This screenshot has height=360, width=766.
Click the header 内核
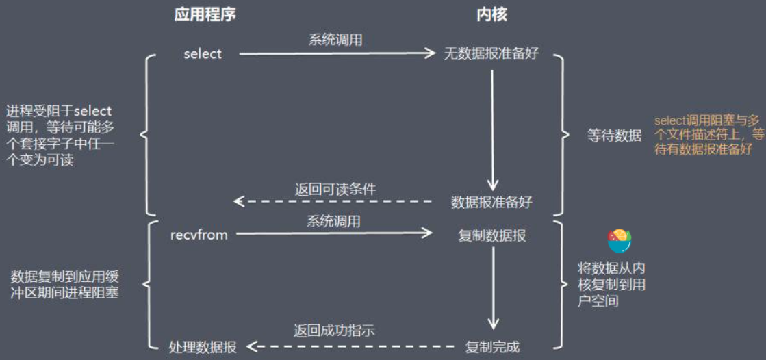coord(491,15)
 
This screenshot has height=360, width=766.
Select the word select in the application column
coord(203,54)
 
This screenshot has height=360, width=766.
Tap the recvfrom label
coord(199,235)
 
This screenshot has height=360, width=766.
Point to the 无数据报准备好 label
coord(491,54)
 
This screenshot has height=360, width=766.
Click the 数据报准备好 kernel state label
coord(491,203)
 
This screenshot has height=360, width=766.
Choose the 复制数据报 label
coord(491,235)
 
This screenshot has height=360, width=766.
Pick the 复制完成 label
coord(492,347)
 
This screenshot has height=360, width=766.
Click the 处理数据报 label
coord(203,347)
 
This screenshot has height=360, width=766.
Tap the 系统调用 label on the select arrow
coord(335,40)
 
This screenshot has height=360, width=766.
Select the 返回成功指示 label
coord(334,331)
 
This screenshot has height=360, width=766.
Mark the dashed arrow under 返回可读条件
coord(334,201)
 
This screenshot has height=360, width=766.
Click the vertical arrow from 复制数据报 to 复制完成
coord(491,287)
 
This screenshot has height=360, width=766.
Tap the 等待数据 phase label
coord(614,136)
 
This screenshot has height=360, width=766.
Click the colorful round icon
coord(620,240)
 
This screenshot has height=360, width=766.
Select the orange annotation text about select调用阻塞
coord(708,134)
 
